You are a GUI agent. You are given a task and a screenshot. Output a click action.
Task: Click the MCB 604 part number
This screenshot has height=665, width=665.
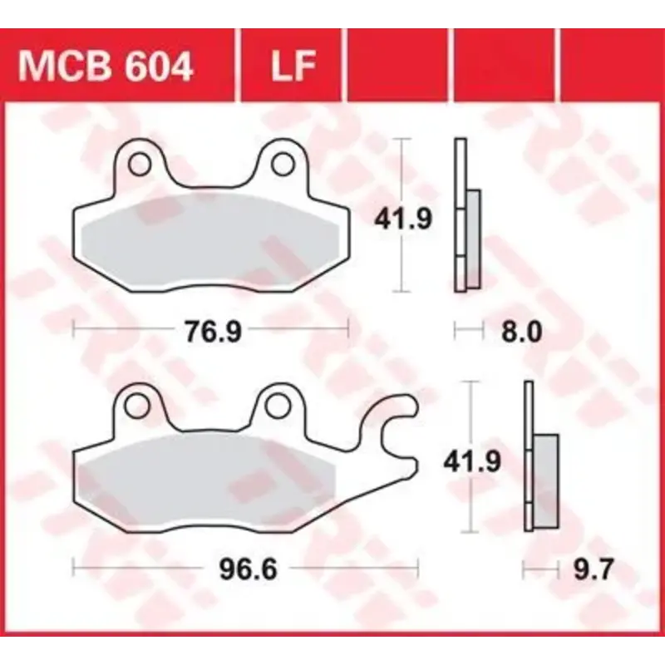click(106, 66)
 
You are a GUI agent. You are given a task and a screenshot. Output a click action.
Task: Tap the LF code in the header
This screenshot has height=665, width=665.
click(292, 66)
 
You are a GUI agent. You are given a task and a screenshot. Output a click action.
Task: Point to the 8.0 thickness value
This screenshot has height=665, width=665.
click(522, 332)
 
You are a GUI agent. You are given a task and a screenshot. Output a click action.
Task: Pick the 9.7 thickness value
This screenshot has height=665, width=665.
click(593, 570)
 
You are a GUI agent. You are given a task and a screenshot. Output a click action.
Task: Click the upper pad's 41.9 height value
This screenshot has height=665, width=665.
click(402, 219)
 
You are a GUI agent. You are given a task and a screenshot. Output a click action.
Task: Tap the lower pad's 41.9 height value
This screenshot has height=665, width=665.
click(472, 460)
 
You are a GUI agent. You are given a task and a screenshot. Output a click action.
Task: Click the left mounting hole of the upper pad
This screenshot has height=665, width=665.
click(138, 162)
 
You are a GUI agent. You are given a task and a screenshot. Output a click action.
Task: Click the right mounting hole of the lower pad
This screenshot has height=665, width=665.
click(278, 404)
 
